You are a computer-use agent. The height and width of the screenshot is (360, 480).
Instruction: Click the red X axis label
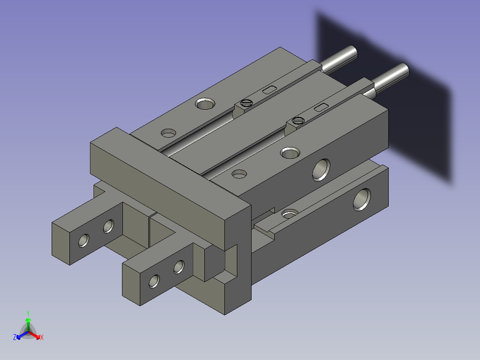[41, 338]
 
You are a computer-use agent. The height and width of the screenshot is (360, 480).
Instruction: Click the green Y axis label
[28, 313]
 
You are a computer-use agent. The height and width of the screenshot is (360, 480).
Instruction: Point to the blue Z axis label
[15, 338]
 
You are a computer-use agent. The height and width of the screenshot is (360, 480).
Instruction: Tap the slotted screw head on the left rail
[246, 103]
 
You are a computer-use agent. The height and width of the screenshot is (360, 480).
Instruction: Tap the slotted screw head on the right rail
[298, 120]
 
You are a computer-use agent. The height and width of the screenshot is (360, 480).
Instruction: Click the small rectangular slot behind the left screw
[268, 90]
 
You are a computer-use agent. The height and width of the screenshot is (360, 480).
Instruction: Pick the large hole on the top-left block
[205, 104]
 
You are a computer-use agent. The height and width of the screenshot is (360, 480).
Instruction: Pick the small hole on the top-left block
[169, 133]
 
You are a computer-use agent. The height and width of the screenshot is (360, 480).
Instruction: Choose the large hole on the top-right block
[289, 153]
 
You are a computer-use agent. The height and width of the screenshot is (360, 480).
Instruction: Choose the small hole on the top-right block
[240, 173]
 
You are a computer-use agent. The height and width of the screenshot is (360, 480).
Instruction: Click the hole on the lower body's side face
[362, 199]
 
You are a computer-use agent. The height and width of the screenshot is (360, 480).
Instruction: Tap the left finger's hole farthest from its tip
[108, 226]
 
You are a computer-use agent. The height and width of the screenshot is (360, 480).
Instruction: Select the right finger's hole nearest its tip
[154, 281]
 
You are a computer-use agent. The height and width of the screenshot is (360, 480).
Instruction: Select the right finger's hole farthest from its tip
[179, 266]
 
